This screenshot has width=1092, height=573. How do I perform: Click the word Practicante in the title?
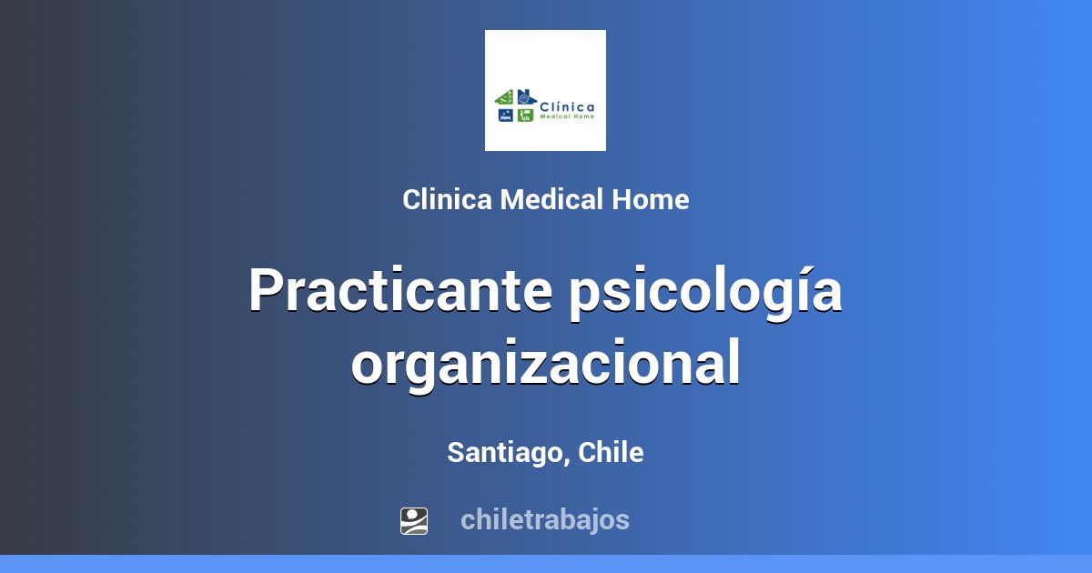[399, 291]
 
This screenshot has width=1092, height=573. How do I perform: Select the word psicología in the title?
[704, 293]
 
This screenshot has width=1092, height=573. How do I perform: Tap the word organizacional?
[546, 364]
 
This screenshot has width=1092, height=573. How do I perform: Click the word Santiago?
[503, 453]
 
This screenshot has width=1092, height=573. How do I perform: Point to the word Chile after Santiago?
[611, 452]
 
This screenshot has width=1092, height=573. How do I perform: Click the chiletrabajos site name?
[544, 520]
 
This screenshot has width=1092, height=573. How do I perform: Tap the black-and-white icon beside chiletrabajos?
[414, 520]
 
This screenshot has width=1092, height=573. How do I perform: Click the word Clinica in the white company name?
[449, 200]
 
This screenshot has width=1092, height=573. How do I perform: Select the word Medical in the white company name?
[552, 200]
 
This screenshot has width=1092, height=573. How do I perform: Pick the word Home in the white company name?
[650, 200]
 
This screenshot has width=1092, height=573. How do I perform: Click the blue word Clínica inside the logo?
[568, 105]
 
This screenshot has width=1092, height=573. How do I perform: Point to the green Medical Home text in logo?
[567, 116]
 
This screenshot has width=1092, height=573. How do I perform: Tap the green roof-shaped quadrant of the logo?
[505, 97]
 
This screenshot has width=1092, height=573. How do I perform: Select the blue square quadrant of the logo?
[505, 116]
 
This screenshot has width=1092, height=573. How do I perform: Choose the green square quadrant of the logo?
[525, 116]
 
